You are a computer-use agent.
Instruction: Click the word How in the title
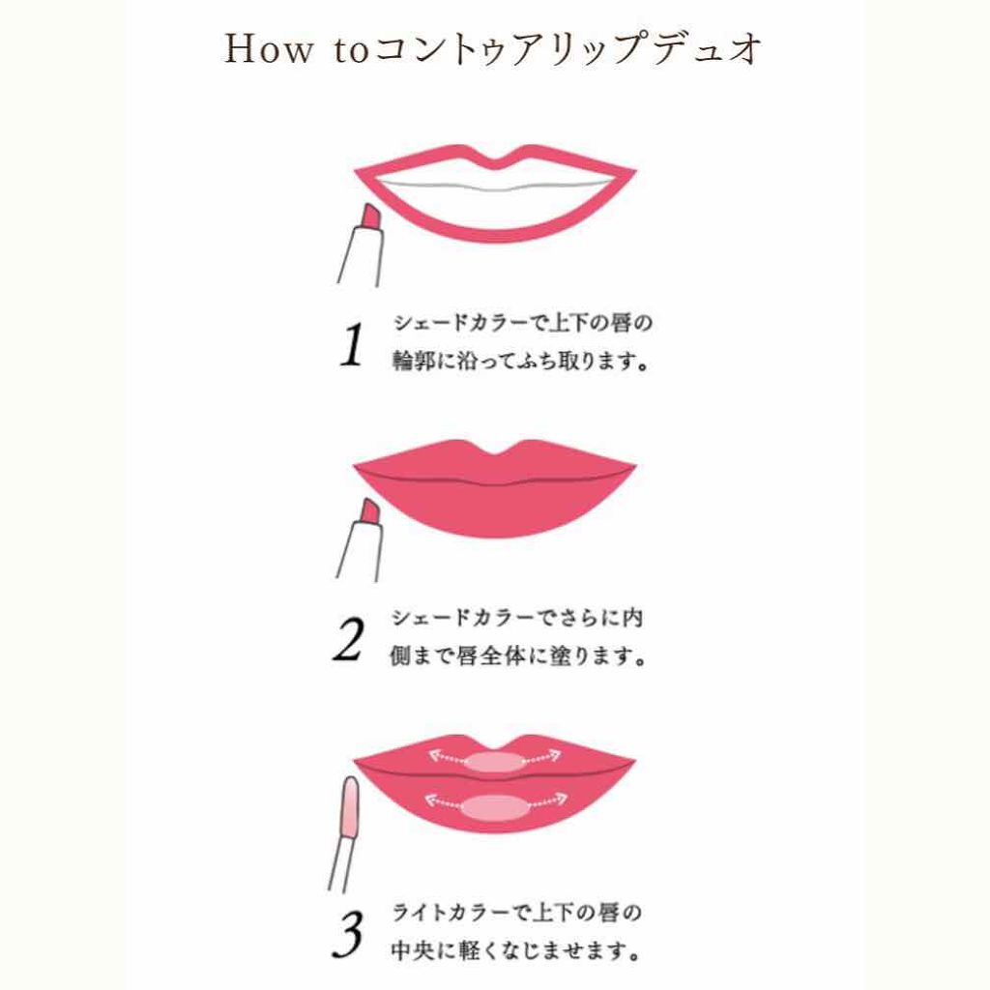click(x=268, y=48)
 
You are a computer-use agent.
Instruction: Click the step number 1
click(x=352, y=344)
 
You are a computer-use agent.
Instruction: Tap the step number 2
click(x=348, y=640)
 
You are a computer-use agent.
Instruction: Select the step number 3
click(x=347, y=934)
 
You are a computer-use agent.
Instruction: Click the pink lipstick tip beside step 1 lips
click(x=370, y=218)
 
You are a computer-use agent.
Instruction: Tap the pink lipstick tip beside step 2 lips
click(x=369, y=512)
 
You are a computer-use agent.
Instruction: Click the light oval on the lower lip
click(x=495, y=807)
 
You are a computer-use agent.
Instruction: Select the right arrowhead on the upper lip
click(x=553, y=755)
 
